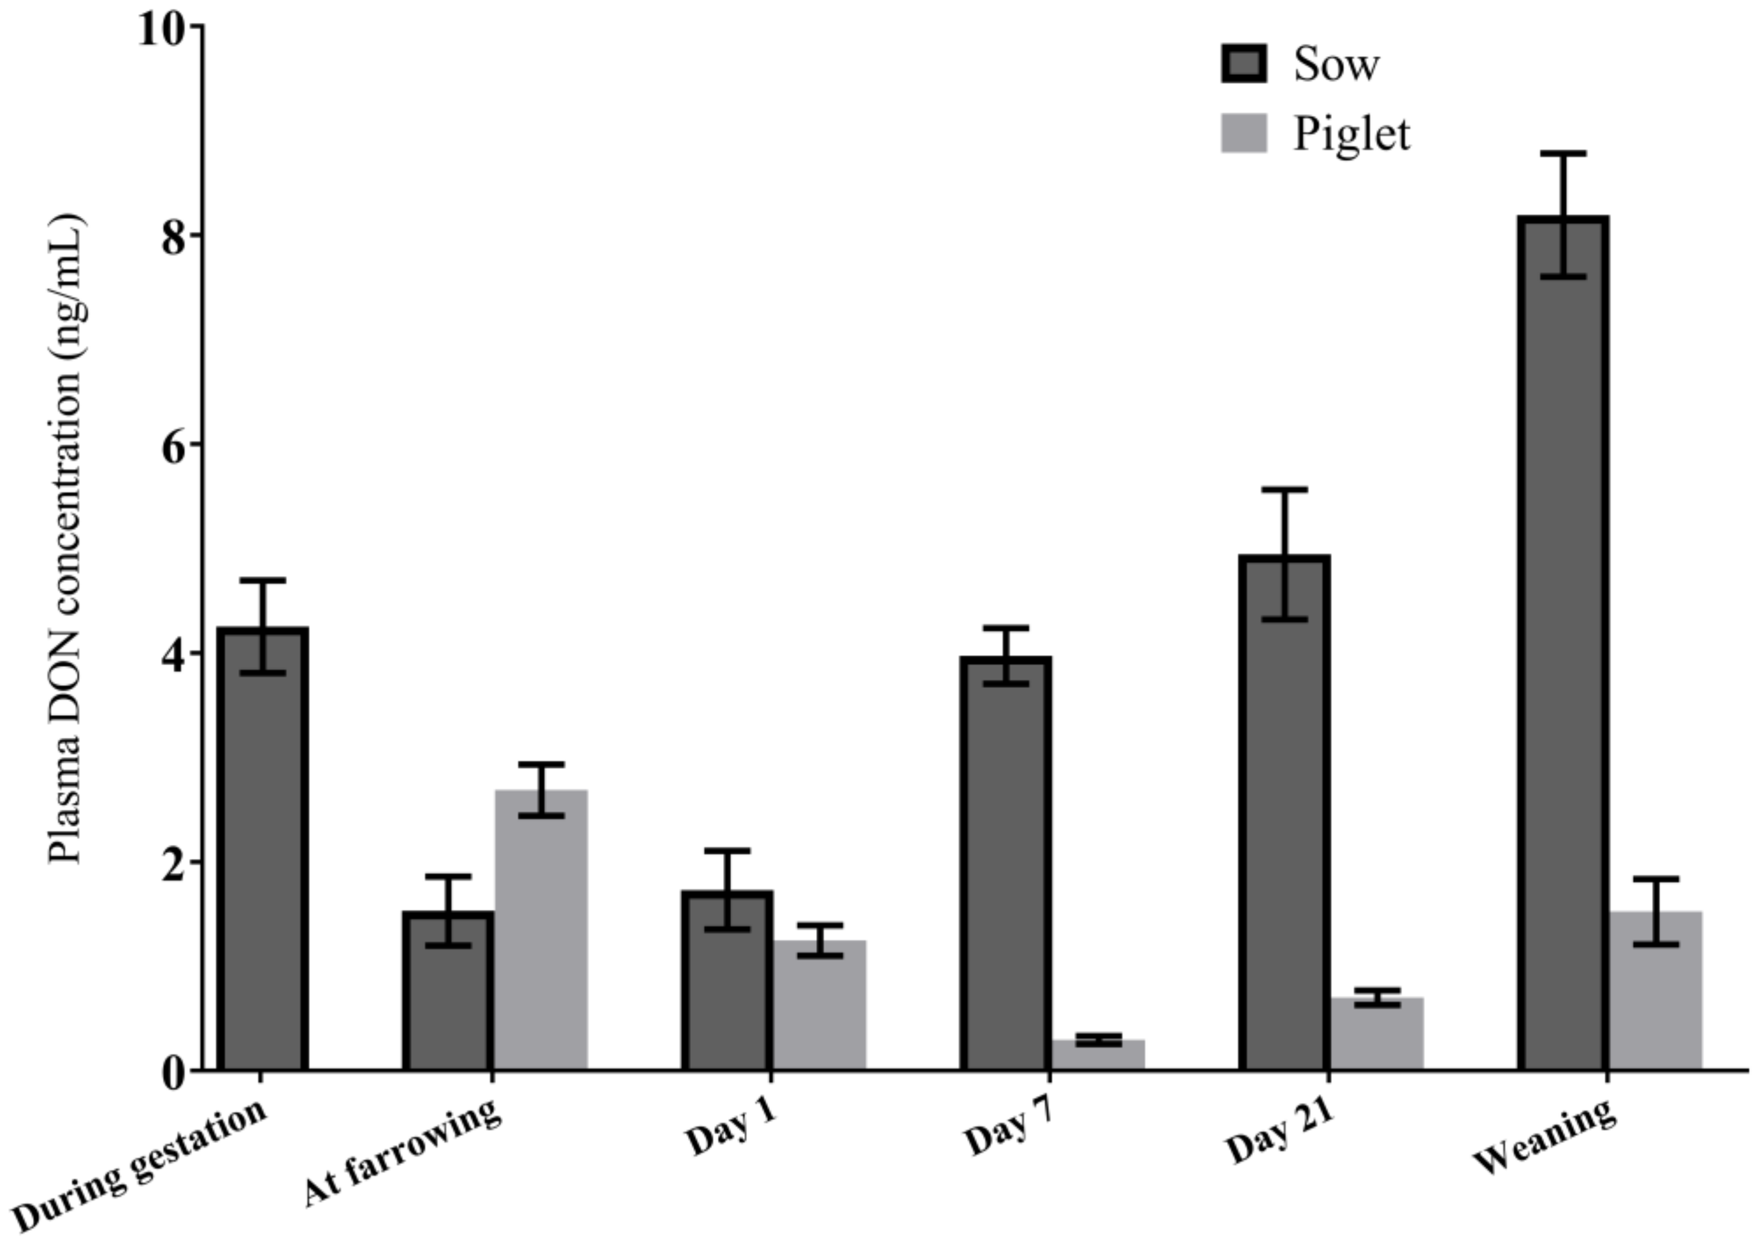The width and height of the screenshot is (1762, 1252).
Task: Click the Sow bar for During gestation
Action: [x=262, y=848]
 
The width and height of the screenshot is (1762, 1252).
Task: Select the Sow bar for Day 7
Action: [x=1006, y=864]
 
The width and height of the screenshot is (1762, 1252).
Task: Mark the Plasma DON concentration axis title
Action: [x=67, y=539]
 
